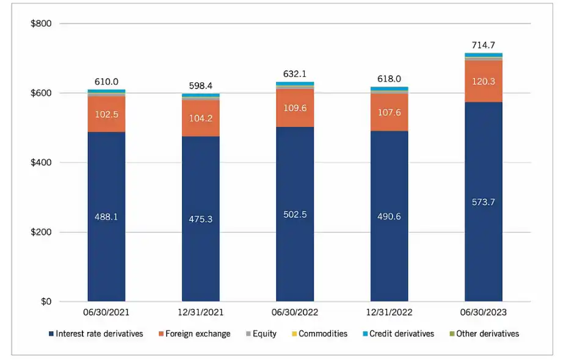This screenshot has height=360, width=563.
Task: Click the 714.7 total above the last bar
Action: tap(483, 46)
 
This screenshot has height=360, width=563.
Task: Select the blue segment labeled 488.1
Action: tap(106, 217)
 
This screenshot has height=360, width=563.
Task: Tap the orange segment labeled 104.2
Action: tap(200, 118)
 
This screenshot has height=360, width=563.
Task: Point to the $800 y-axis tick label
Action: tap(41, 24)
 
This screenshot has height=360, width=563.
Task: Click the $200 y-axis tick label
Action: tap(41, 232)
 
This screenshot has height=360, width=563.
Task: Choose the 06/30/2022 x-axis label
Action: tap(294, 312)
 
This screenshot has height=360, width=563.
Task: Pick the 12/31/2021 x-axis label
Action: tap(200, 312)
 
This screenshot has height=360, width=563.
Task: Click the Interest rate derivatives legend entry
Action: tap(95, 334)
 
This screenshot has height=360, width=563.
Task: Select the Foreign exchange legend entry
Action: tap(194, 334)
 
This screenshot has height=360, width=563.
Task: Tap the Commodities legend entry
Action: tap(319, 334)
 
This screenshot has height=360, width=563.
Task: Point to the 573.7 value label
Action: tap(483, 202)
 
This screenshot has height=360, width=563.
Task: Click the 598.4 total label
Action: tap(200, 86)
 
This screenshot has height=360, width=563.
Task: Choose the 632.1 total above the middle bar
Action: tap(294, 74)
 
